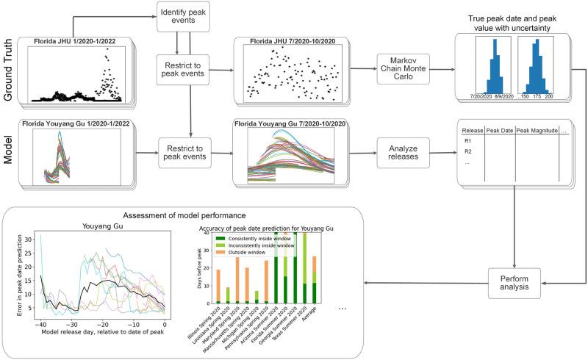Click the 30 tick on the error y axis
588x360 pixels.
click(x=28, y=240)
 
